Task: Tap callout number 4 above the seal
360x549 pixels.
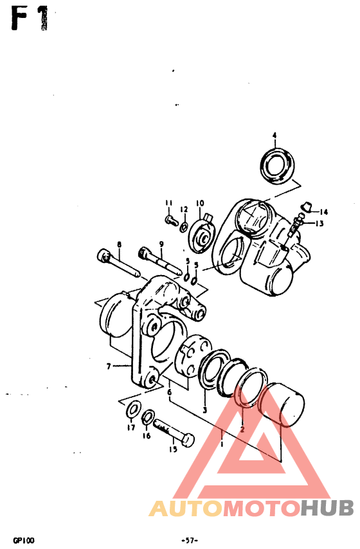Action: click(274, 136)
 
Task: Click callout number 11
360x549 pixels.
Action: click(169, 204)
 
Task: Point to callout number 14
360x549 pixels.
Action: click(323, 212)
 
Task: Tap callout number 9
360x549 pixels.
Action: click(161, 244)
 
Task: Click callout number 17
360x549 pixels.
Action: click(130, 428)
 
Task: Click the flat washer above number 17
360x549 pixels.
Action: click(135, 409)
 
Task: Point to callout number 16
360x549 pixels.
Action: click(147, 436)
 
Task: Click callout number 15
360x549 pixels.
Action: click(173, 449)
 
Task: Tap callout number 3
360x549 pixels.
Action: click(204, 410)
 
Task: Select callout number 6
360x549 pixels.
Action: click(169, 392)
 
